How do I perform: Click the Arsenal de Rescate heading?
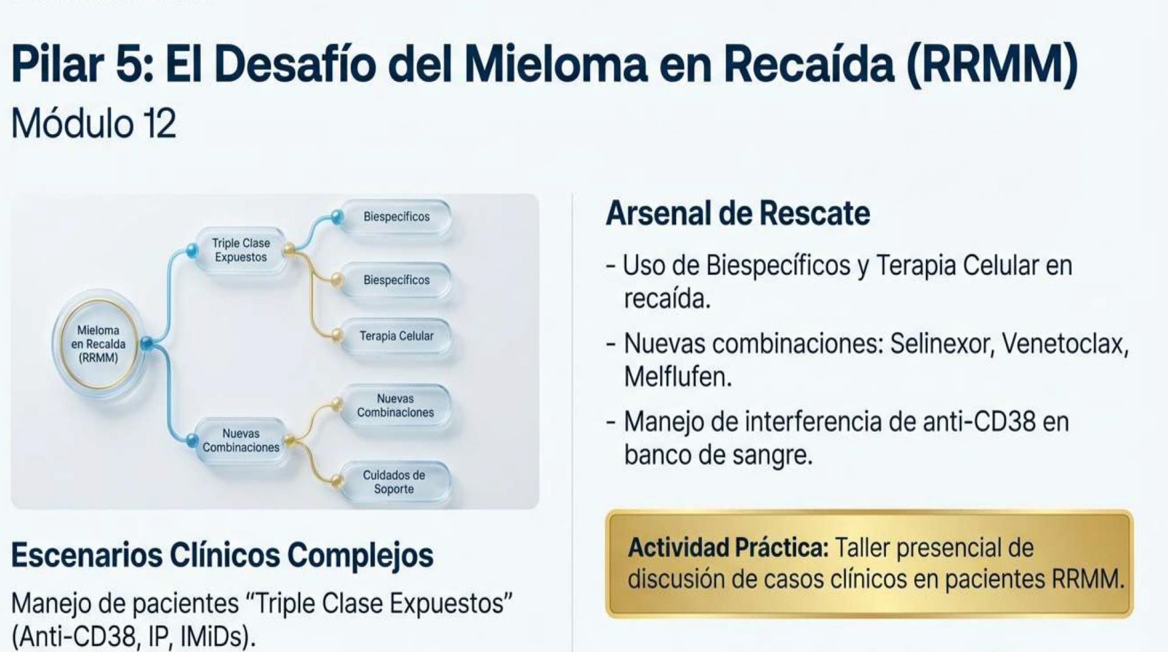[738, 213]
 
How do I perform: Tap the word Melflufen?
[677, 376]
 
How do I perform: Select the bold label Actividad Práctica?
[728, 548]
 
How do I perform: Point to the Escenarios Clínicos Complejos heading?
[222, 555]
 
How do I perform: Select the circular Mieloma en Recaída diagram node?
[99, 344]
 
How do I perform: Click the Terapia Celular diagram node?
[396, 336]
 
